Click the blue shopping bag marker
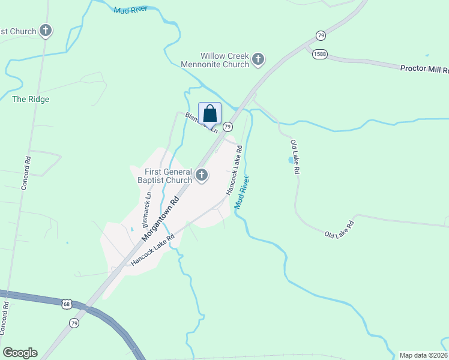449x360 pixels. pos(209,113)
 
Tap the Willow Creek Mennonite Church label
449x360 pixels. pos(216,59)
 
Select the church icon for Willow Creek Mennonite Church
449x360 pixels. pos(259,59)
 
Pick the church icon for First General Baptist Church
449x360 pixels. pos(202,176)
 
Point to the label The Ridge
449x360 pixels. pos(31,99)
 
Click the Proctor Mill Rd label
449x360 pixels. pos(424,68)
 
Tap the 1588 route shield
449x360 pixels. pos(319,55)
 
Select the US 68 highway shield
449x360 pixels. pos(66,304)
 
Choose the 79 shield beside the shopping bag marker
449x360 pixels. pos(228,127)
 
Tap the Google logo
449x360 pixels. pos(20,353)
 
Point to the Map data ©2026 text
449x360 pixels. pos(423,355)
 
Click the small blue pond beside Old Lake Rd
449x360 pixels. pos(291,160)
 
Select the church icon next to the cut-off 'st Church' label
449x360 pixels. pos(46,31)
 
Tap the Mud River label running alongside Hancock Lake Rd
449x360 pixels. pos(242,193)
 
